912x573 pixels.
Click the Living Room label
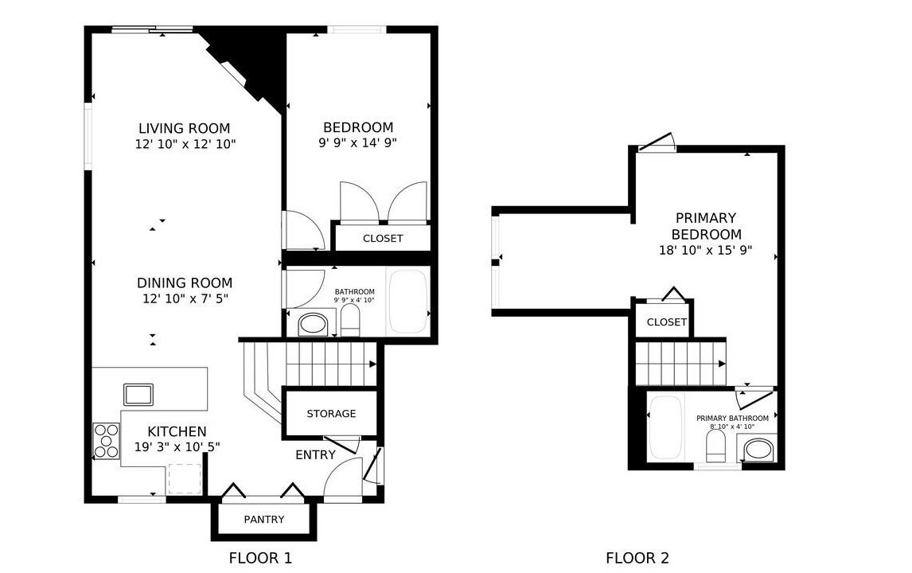point(185,128)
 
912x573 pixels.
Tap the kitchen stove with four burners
point(107,441)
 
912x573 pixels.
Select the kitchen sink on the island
point(138,395)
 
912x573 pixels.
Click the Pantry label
point(264,520)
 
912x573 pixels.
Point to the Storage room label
point(332,414)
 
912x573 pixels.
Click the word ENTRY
point(315,455)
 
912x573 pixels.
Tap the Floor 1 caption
point(260,559)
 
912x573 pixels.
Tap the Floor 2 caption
point(637,559)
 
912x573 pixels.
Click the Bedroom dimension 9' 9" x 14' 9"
point(357,143)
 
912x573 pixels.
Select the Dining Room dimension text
point(185,299)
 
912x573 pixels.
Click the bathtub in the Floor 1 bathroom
point(408,302)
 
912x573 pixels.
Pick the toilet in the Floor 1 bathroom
point(350,321)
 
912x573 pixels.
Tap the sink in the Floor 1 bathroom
point(313,324)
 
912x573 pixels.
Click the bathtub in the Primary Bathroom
point(665,427)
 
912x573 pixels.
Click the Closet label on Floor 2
point(667,322)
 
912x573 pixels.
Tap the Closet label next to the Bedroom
point(383,239)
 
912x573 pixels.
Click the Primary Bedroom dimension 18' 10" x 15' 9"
point(706,251)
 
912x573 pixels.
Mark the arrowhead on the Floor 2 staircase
point(723,364)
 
